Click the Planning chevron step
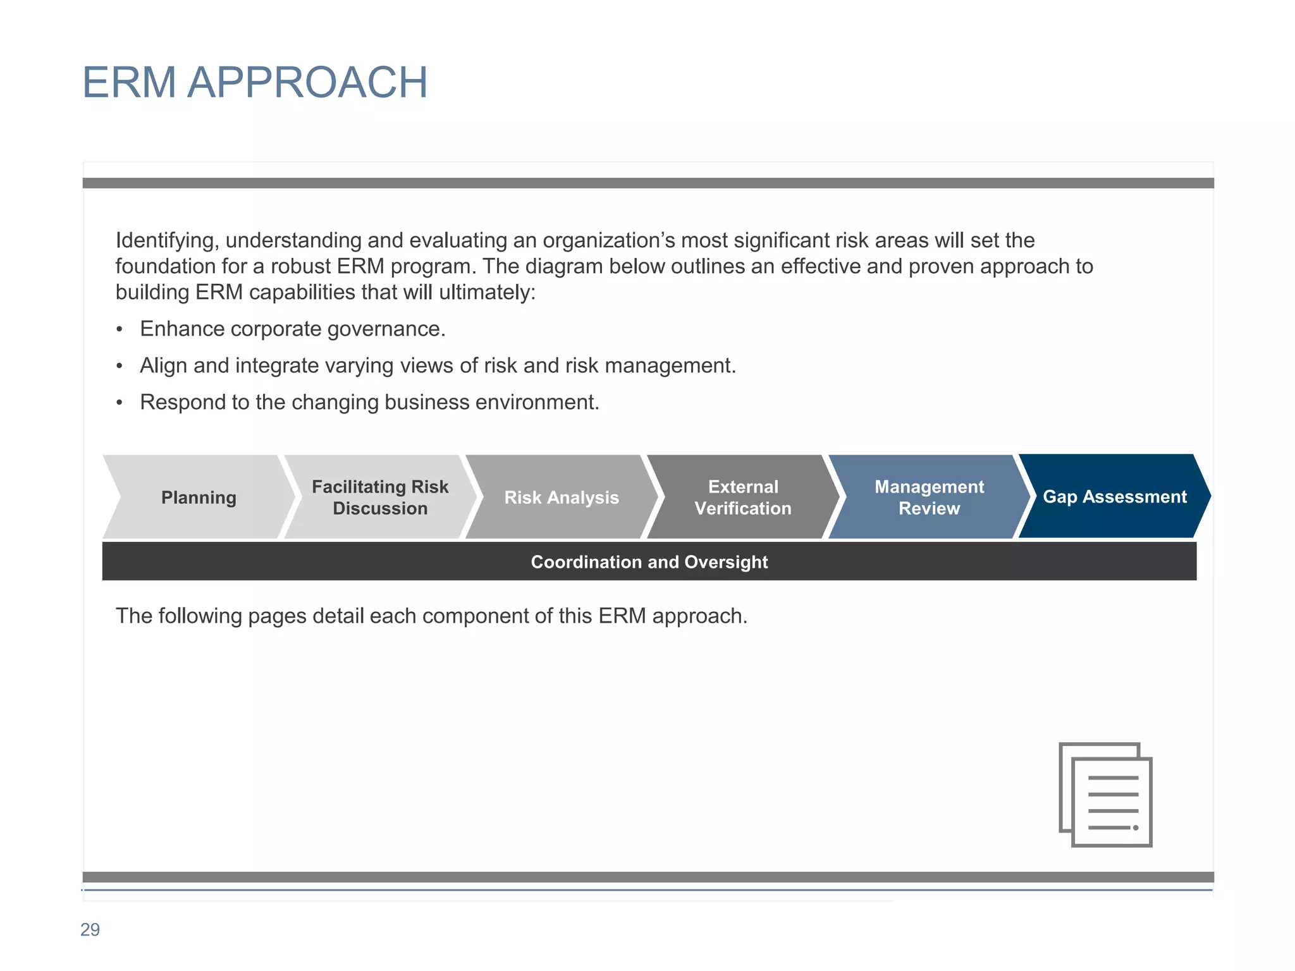click(x=199, y=498)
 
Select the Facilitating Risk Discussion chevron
click(x=380, y=498)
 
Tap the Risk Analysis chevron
click(x=562, y=498)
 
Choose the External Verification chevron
click(x=743, y=498)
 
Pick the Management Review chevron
click(x=929, y=498)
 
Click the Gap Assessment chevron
click(x=1114, y=497)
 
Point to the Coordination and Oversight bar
click(x=649, y=562)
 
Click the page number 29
click(x=90, y=930)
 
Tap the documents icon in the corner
click(x=1105, y=795)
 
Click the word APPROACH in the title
click(x=307, y=83)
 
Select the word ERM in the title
click(x=129, y=83)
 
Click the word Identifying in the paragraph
click(x=167, y=241)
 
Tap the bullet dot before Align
click(x=120, y=367)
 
